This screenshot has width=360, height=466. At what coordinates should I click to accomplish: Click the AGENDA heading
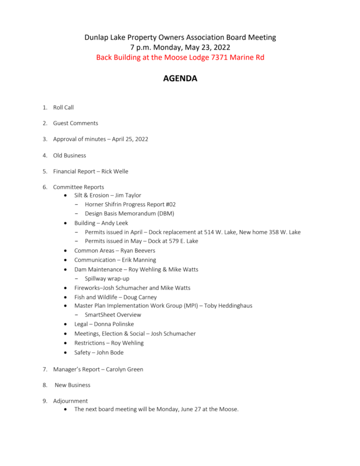click(x=180, y=79)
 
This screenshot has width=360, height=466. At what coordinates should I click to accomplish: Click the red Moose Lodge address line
click(x=180, y=57)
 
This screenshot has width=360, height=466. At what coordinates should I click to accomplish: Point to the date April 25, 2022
click(x=130, y=139)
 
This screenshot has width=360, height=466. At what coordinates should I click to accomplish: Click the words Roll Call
click(x=63, y=107)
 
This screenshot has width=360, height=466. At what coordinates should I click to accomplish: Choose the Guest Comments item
click(x=76, y=123)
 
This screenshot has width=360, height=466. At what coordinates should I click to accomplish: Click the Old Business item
click(x=70, y=156)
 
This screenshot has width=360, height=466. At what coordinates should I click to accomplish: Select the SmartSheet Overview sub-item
click(x=113, y=315)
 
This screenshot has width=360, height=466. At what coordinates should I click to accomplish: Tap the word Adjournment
click(x=71, y=401)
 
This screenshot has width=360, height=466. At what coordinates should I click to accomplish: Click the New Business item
click(x=72, y=385)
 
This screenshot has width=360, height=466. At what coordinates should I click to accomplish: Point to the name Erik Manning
click(x=139, y=260)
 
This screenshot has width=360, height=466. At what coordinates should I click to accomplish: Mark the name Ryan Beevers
click(x=137, y=251)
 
